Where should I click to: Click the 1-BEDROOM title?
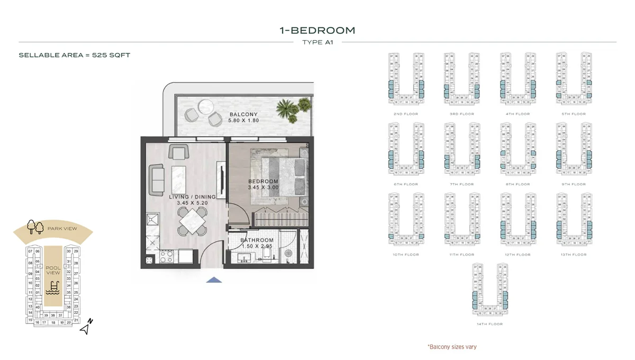(x=317, y=30)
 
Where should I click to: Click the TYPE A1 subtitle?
(x=317, y=42)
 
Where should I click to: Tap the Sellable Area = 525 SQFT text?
(x=74, y=55)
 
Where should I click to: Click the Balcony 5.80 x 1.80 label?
(x=243, y=118)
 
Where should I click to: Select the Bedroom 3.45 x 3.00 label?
(x=263, y=185)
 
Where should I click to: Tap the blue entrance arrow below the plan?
(x=214, y=280)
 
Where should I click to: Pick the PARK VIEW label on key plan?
(x=62, y=228)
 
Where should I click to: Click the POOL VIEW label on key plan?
(x=53, y=270)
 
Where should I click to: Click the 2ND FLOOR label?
(x=404, y=114)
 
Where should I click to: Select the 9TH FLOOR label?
(x=574, y=184)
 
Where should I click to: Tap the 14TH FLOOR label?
(x=489, y=324)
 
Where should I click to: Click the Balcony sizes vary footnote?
(x=451, y=347)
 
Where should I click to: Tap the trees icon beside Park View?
(x=35, y=227)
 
